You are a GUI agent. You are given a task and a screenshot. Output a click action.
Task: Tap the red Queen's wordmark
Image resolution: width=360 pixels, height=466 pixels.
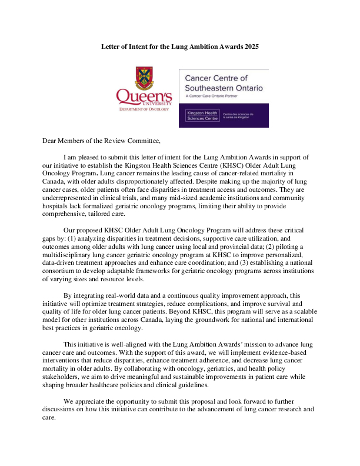144,95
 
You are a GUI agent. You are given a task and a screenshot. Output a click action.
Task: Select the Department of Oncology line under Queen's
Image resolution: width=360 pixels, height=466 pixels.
144,109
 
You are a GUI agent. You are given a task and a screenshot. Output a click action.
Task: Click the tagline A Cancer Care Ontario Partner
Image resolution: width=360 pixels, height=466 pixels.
214,96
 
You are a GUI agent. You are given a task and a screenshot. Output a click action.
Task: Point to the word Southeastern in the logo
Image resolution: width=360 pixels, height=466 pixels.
214,88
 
